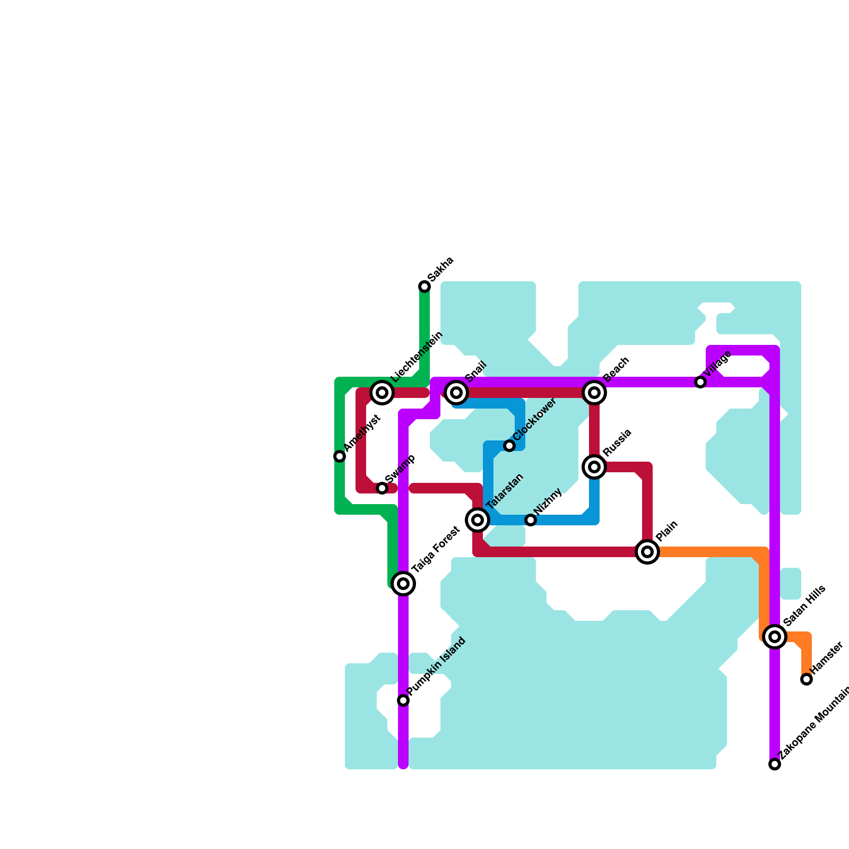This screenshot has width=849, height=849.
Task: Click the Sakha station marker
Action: point(424,287)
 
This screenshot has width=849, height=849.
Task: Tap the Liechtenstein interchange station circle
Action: point(382,393)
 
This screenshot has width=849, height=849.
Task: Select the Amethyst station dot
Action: point(340,456)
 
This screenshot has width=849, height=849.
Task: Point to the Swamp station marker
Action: point(382,488)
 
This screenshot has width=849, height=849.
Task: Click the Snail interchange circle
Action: point(456,393)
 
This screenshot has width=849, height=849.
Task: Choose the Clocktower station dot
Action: point(509,446)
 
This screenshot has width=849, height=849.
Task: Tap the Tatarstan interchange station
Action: point(478,520)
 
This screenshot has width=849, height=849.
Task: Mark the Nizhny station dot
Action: point(531,520)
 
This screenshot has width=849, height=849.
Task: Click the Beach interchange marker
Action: point(594,393)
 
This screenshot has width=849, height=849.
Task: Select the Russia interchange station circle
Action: point(594,467)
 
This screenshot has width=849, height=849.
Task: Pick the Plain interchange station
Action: point(647,552)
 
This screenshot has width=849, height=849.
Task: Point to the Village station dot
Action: point(700,382)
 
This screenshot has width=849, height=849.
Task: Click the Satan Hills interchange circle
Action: point(775,637)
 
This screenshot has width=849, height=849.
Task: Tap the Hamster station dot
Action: point(807,679)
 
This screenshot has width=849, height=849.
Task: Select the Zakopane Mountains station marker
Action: point(775,764)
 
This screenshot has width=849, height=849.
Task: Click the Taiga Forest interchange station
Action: point(403,584)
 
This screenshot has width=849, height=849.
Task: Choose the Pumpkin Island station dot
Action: point(403,700)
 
